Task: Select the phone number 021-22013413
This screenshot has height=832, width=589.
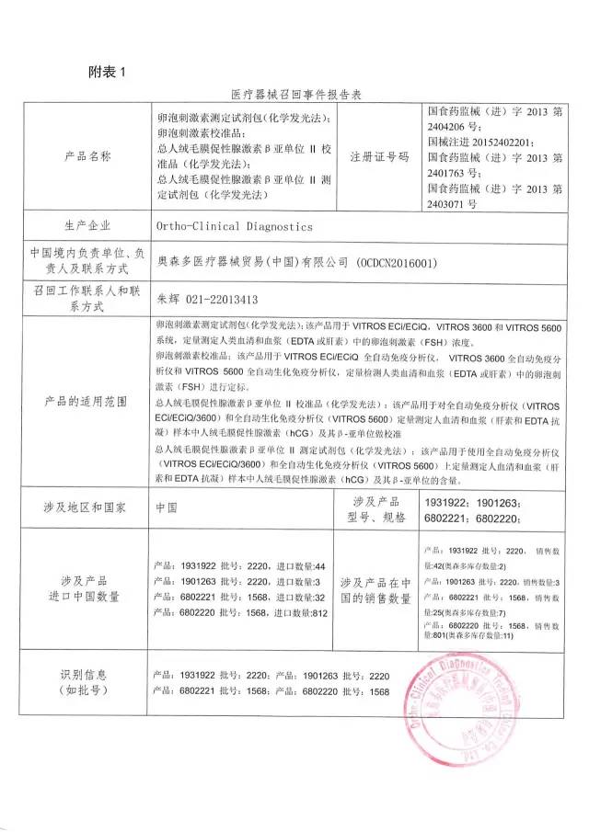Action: click(217, 299)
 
